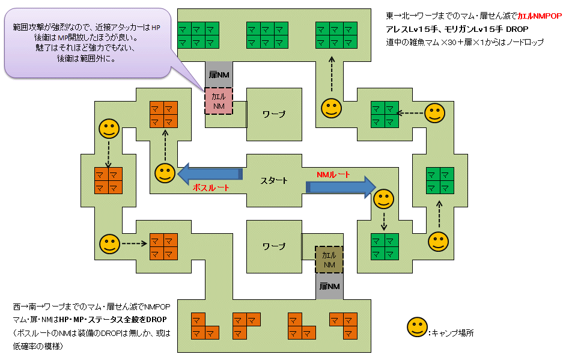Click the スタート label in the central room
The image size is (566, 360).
click(x=274, y=180)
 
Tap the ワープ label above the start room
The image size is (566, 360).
click(x=274, y=114)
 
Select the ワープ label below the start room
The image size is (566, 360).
click(x=274, y=246)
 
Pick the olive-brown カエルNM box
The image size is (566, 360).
click(x=329, y=260)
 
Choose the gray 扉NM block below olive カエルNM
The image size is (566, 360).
click(x=329, y=287)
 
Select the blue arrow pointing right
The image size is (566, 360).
click(x=340, y=187)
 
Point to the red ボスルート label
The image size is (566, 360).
click(x=211, y=188)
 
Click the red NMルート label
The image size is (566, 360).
click(x=333, y=174)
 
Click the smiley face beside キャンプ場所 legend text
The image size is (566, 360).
click(x=416, y=328)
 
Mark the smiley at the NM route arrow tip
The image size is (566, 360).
click(x=382, y=199)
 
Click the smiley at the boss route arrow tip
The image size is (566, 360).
click(x=165, y=173)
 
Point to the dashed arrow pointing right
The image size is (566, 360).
click(x=135, y=244)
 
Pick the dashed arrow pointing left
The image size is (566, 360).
click(x=412, y=112)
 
